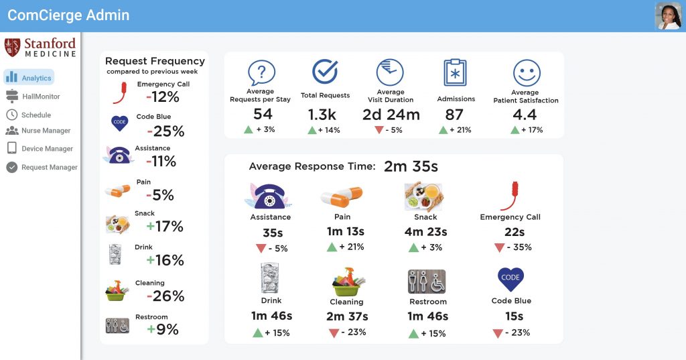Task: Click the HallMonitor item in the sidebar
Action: (40, 97)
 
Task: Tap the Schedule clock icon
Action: (11, 115)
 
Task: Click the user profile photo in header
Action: (667, 16)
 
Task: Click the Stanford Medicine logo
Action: (40, 48)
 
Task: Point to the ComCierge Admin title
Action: (68, 15)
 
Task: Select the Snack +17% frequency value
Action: (164, 227)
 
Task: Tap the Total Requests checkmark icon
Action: (325, 72)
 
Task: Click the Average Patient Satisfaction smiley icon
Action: (526, 72)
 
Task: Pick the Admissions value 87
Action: (454, 115)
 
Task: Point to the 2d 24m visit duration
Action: (391, 115)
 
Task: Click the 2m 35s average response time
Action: (411, 167)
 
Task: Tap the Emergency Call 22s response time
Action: (514, 232)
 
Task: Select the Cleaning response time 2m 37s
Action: (347, 316)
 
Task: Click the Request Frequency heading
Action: (155, 61)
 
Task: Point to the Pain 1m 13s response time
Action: (346, 232)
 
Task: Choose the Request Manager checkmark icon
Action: (11, 167)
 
